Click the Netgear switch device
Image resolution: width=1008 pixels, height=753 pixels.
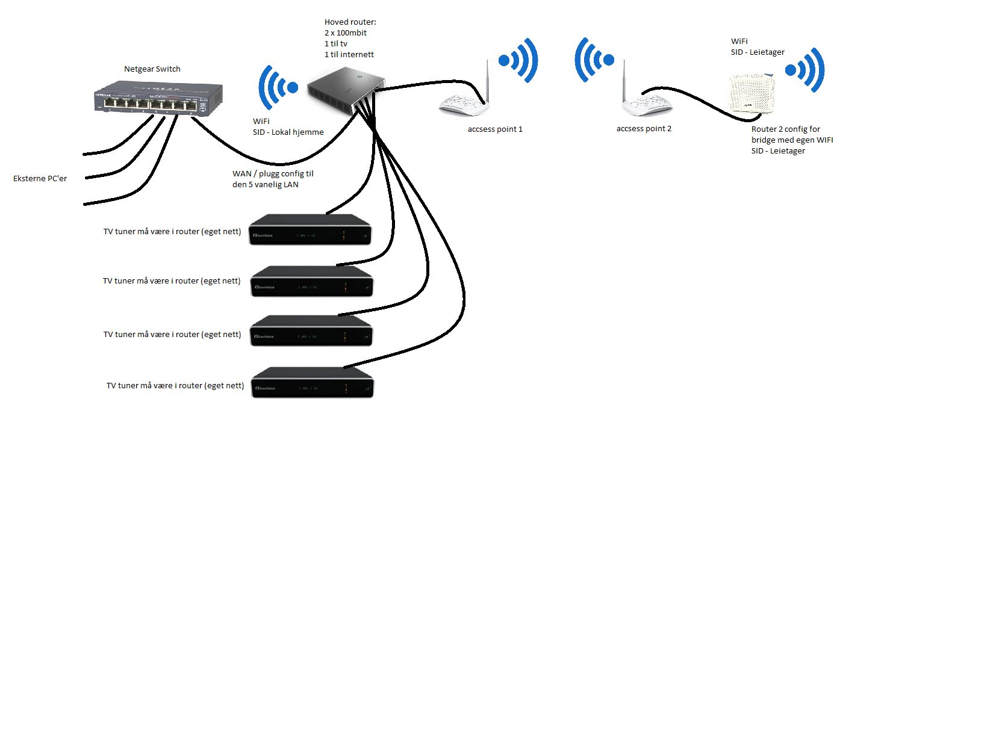158,98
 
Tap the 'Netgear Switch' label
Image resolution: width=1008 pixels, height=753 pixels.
152,69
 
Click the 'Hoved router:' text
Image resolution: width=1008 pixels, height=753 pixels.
350,22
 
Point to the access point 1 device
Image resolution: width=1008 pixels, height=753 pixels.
464,96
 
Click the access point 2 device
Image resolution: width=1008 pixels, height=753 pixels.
647,96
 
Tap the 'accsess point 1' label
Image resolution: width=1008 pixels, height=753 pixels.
495,129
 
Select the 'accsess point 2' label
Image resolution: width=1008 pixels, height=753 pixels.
644,129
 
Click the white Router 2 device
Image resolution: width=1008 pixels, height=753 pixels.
751,94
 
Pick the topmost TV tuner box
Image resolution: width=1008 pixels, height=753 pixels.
310,229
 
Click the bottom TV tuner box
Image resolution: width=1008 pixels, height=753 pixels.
313,383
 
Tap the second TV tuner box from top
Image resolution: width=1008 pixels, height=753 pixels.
312,281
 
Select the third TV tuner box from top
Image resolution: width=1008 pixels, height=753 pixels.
311,330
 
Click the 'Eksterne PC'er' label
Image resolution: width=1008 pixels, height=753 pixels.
40,179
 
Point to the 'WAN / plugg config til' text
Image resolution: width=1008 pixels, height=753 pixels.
273,174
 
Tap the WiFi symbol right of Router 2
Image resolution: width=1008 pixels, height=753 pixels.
805,70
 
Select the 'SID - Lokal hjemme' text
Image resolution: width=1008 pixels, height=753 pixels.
288,132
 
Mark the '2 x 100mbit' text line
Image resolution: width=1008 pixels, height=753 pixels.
346,33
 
